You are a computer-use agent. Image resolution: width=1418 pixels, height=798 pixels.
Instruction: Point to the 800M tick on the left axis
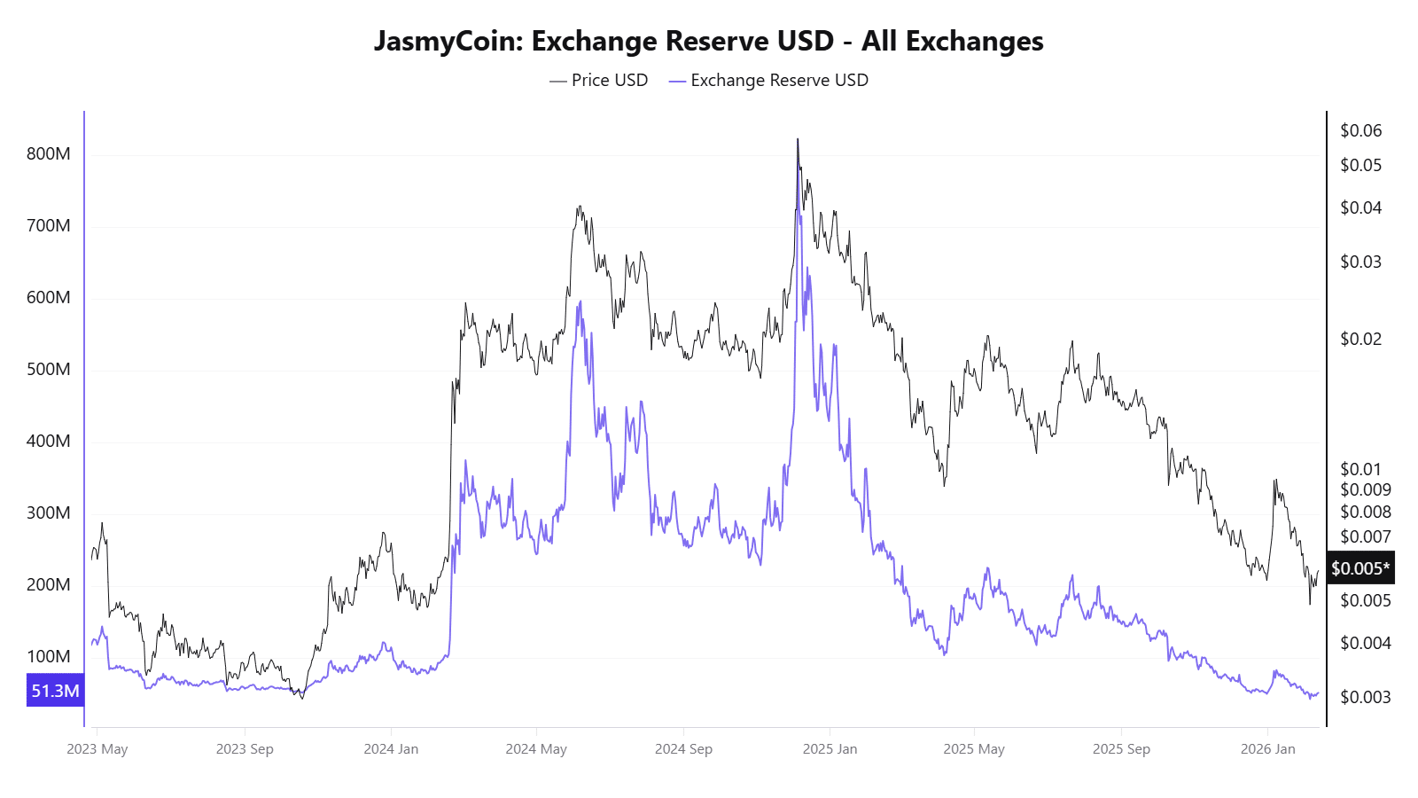point(49,154)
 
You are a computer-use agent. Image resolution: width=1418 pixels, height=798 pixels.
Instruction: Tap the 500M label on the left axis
point(49,370)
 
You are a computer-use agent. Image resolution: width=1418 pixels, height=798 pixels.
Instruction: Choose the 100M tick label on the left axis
point(49,657)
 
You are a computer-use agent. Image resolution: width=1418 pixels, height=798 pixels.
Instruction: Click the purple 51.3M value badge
point(55,691)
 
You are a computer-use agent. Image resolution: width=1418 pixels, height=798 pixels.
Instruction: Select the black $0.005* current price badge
point(1360,568)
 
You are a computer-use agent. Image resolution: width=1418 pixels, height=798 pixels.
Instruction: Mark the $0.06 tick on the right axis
point(1360,131)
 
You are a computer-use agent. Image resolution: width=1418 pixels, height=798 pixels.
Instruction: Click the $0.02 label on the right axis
point(1360,340)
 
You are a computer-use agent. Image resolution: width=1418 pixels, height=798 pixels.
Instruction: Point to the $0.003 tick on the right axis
point(1365,698)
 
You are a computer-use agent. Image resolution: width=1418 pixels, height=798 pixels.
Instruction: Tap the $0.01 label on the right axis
point(1360,470)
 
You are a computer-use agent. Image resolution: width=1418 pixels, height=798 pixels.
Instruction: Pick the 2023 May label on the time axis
point(97,749)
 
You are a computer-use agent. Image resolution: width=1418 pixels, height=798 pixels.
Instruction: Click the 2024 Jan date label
point(391,749)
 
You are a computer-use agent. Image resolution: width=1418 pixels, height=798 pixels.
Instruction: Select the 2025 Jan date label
point(830,749)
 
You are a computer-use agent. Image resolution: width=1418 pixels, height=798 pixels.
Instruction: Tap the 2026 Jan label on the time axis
point(1267,749)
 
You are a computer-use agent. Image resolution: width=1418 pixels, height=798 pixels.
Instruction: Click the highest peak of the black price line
point(798,139)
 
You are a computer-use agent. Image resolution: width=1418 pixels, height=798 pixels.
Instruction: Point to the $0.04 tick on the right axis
point(1360,208)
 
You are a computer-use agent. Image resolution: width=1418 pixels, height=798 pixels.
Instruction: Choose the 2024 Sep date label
point(683,749)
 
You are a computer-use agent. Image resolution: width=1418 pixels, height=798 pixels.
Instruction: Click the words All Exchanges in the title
point(953,42)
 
